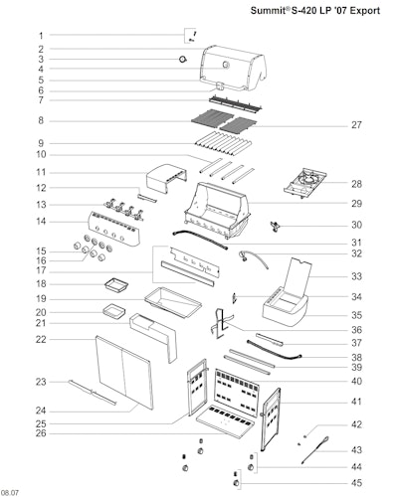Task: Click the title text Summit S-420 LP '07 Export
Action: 315,11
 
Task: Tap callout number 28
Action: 356,184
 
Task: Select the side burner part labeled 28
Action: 304,183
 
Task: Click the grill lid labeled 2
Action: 233,69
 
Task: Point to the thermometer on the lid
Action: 226,65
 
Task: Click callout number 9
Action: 41,143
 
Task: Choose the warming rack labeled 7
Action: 236,104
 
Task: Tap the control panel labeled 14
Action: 113,229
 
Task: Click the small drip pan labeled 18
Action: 116,285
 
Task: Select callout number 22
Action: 41,340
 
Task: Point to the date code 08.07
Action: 10,493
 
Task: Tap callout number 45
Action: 356,483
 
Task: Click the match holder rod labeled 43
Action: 315,450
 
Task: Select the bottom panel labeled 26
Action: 225,421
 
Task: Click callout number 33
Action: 356,276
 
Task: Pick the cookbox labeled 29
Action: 217,211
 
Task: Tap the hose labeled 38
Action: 275,350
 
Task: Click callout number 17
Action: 41,270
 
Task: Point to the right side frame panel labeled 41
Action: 271,419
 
